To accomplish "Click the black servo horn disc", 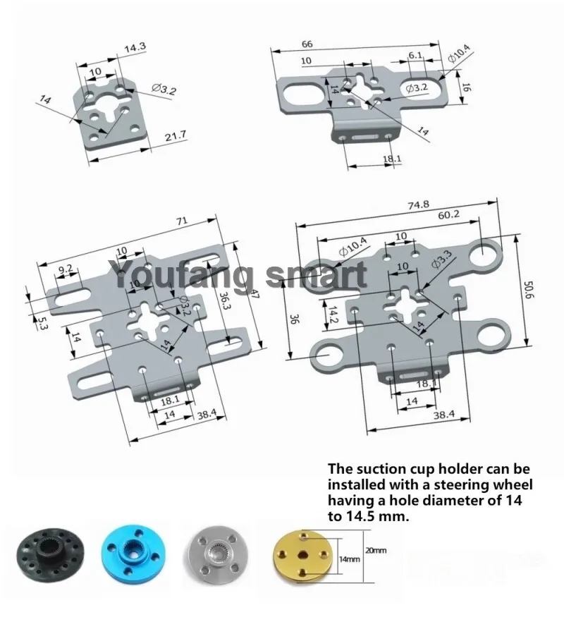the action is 49,551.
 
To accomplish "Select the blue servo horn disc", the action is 134,550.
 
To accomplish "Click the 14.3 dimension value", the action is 135,49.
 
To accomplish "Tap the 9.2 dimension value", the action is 66,269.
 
